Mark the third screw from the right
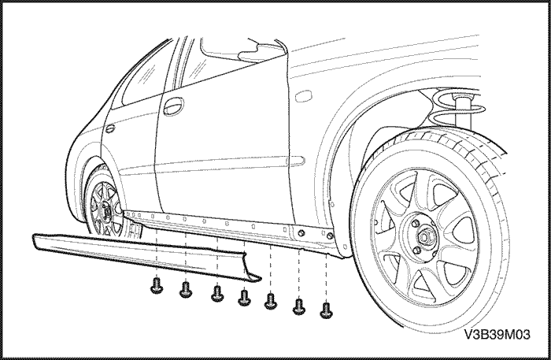click(271, 300)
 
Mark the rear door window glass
click(146, 75)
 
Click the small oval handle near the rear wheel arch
click(109, 128)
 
